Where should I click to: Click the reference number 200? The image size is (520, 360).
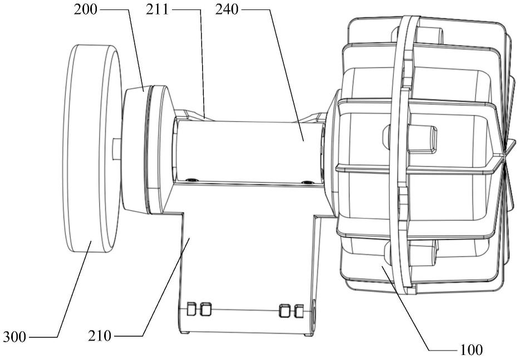coord(86,9)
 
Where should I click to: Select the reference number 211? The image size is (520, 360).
coord(157,9)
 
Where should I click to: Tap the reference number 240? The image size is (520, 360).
coord(227,9)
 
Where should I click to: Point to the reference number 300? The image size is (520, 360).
coord(14,337)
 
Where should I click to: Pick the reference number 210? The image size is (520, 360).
coord(100,336)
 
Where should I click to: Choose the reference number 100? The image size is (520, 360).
coord(471,349)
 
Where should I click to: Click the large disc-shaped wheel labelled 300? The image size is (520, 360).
coord(91,148)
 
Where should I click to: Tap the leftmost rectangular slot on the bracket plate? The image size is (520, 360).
coord(192,309)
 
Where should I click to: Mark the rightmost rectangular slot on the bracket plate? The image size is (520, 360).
coord(299,311)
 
